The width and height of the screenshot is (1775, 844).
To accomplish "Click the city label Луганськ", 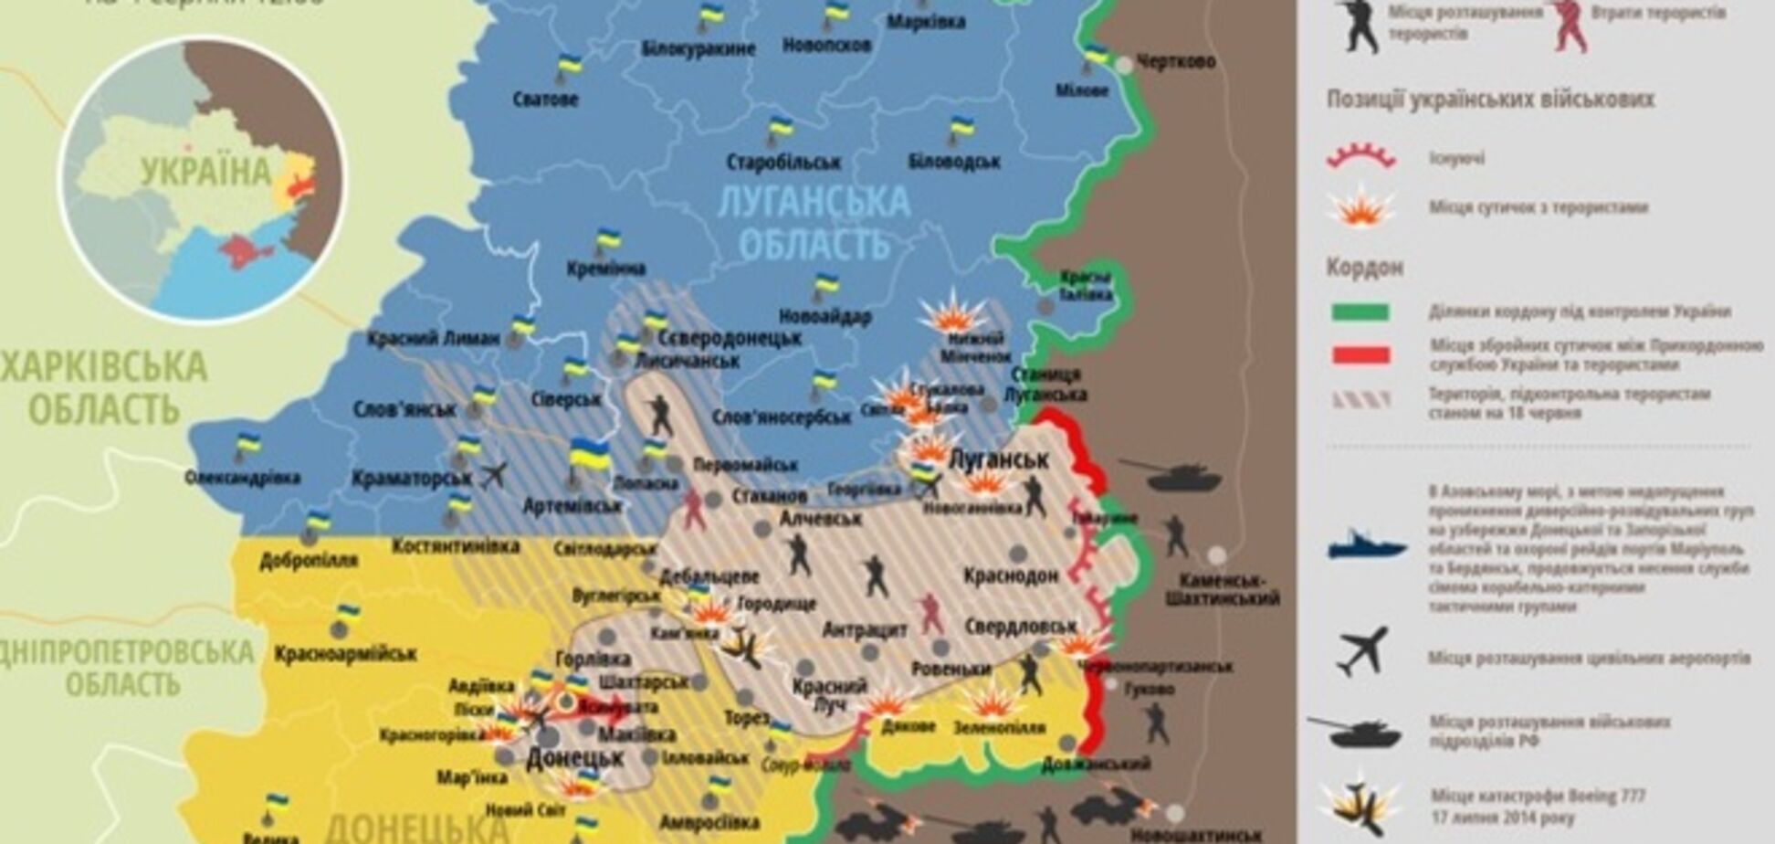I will [1000, 459].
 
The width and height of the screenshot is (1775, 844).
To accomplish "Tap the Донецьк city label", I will [575, 757].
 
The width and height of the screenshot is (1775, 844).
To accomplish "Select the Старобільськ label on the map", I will [782, 163].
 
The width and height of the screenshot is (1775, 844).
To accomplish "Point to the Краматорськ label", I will [411, 478].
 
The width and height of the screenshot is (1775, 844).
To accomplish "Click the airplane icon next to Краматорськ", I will [493, 475].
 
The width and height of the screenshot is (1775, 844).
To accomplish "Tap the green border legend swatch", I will [1360, 312].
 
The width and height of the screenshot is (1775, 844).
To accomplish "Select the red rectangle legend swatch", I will [1360, 355].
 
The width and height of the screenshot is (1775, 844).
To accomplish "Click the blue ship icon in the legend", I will [1367, 545].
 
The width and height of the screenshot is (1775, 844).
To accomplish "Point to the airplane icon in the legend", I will [1362, 651].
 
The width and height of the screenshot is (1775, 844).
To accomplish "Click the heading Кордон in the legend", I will [1364, 269].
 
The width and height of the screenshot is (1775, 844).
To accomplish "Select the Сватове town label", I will [545, 99].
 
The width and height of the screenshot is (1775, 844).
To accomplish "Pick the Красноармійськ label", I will [345, 654].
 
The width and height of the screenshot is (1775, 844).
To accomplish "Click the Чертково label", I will [1176, 61].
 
